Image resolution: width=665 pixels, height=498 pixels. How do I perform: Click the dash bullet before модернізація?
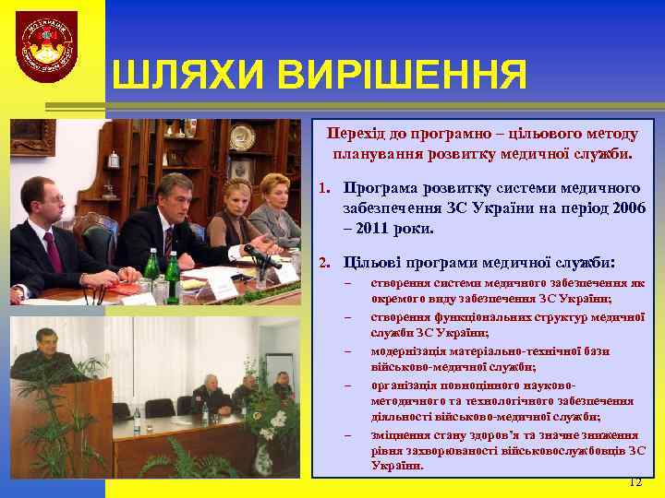tap(348, 351)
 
